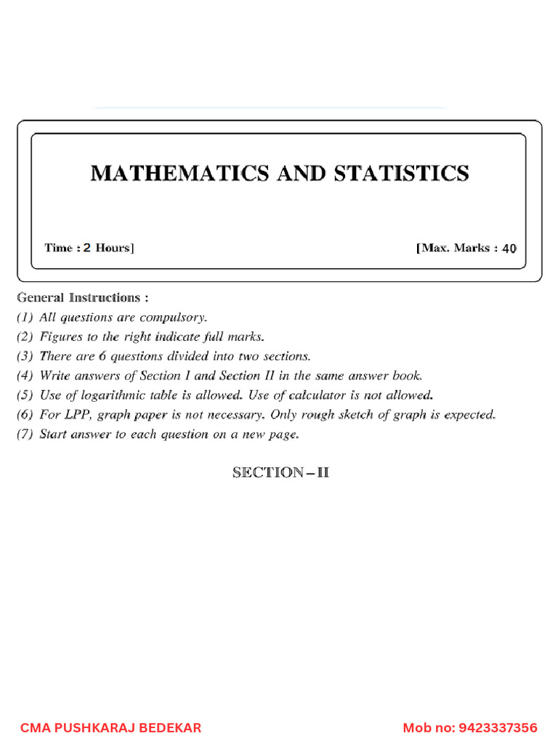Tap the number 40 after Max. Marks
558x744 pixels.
(x=509, y=248)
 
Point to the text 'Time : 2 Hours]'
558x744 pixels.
(x=89, y=248)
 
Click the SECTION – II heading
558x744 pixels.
(x=280, y=472)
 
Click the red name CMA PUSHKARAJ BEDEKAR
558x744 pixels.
(x=110, y=727)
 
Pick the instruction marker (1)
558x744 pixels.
(x=26, y=318)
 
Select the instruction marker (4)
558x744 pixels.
(x=26, y=376)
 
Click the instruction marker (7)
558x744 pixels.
(x=26, y=435)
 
